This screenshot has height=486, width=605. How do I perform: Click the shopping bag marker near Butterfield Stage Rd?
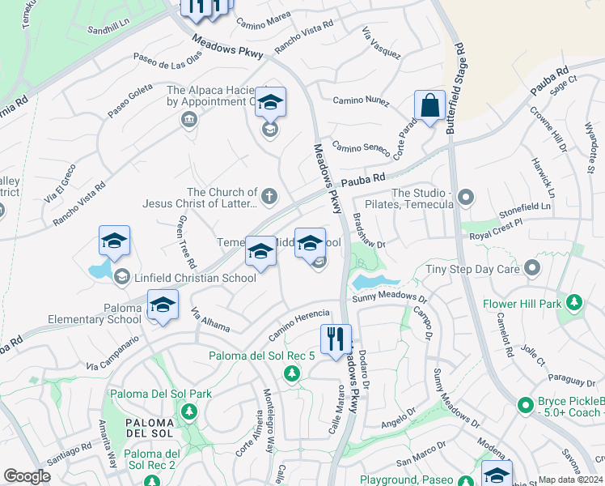point(429,105)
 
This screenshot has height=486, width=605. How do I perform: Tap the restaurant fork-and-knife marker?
point(335,339)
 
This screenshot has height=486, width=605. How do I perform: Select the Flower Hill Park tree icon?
point(574,303)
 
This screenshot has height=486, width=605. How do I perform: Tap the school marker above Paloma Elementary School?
point(163,305)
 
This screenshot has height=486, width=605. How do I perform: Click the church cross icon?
point(269,196)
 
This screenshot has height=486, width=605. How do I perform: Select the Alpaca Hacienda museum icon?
point(188,120)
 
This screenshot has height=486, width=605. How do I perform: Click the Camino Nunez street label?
point(361,101)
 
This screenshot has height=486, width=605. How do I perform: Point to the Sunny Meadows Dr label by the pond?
point(389,299)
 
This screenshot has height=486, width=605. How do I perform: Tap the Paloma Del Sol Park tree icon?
point(188,411)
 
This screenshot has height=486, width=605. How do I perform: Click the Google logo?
point(27,476)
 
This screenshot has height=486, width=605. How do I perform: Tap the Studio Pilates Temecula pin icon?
point(465,197)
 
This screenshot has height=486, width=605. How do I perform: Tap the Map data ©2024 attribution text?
point(571,480)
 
